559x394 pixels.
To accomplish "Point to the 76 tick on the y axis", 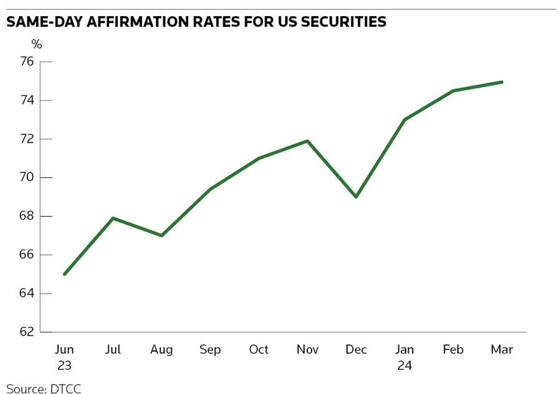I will pyautogui.click(x=27, y=62).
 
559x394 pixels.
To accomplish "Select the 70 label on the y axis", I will pyautogui.click(x=27, y=177).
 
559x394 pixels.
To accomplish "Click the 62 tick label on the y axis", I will pyautogui.click(x=27, y=332).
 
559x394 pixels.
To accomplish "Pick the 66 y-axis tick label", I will pyautogui.click(x=27, y=255).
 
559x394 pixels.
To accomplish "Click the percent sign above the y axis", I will pyautogui.click(x=37, y=44).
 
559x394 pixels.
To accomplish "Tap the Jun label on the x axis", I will pyautogui.click(x=64, y=350).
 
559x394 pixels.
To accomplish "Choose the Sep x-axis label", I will pyautogui.click(x=210, y=350).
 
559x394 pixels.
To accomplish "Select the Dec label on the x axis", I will pyautogui.click(x=356, y=350).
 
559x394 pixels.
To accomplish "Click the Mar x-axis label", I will pyautogui.click(x=502, y=350).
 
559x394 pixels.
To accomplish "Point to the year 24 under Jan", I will pyautogui.click(x=404, y=365).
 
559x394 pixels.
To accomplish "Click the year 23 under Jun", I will pyautogui.click(x=64, y=365).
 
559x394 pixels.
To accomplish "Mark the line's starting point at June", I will pyautogui.click(x=65, y=274).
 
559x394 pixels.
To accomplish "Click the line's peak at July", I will pyautogui.click(x=113, y=218).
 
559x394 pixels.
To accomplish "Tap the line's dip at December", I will pyautogui.click(x=356, y=197).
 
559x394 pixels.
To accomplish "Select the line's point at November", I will pyautogui.click(x=307, y=141).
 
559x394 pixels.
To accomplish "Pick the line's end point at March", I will pyautogui.click(x=502, y=82).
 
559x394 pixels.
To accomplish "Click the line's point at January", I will pyautogui.click(x=404, y=120).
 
